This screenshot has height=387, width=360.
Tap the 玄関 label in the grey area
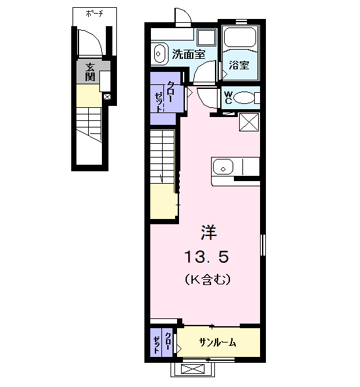[89, 72]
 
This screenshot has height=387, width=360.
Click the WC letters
[228, 97]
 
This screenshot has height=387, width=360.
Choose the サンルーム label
[218, 343]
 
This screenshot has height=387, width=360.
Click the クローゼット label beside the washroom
[164, 95]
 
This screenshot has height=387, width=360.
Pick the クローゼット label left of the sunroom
[162, 343]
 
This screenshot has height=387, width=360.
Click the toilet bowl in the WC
[245, 98]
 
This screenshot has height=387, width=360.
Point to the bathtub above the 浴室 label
[241, 38]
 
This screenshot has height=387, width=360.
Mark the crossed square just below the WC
[248, 122]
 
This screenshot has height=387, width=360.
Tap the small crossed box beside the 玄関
[107, 97]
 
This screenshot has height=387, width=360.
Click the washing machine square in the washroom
[207, 37]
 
